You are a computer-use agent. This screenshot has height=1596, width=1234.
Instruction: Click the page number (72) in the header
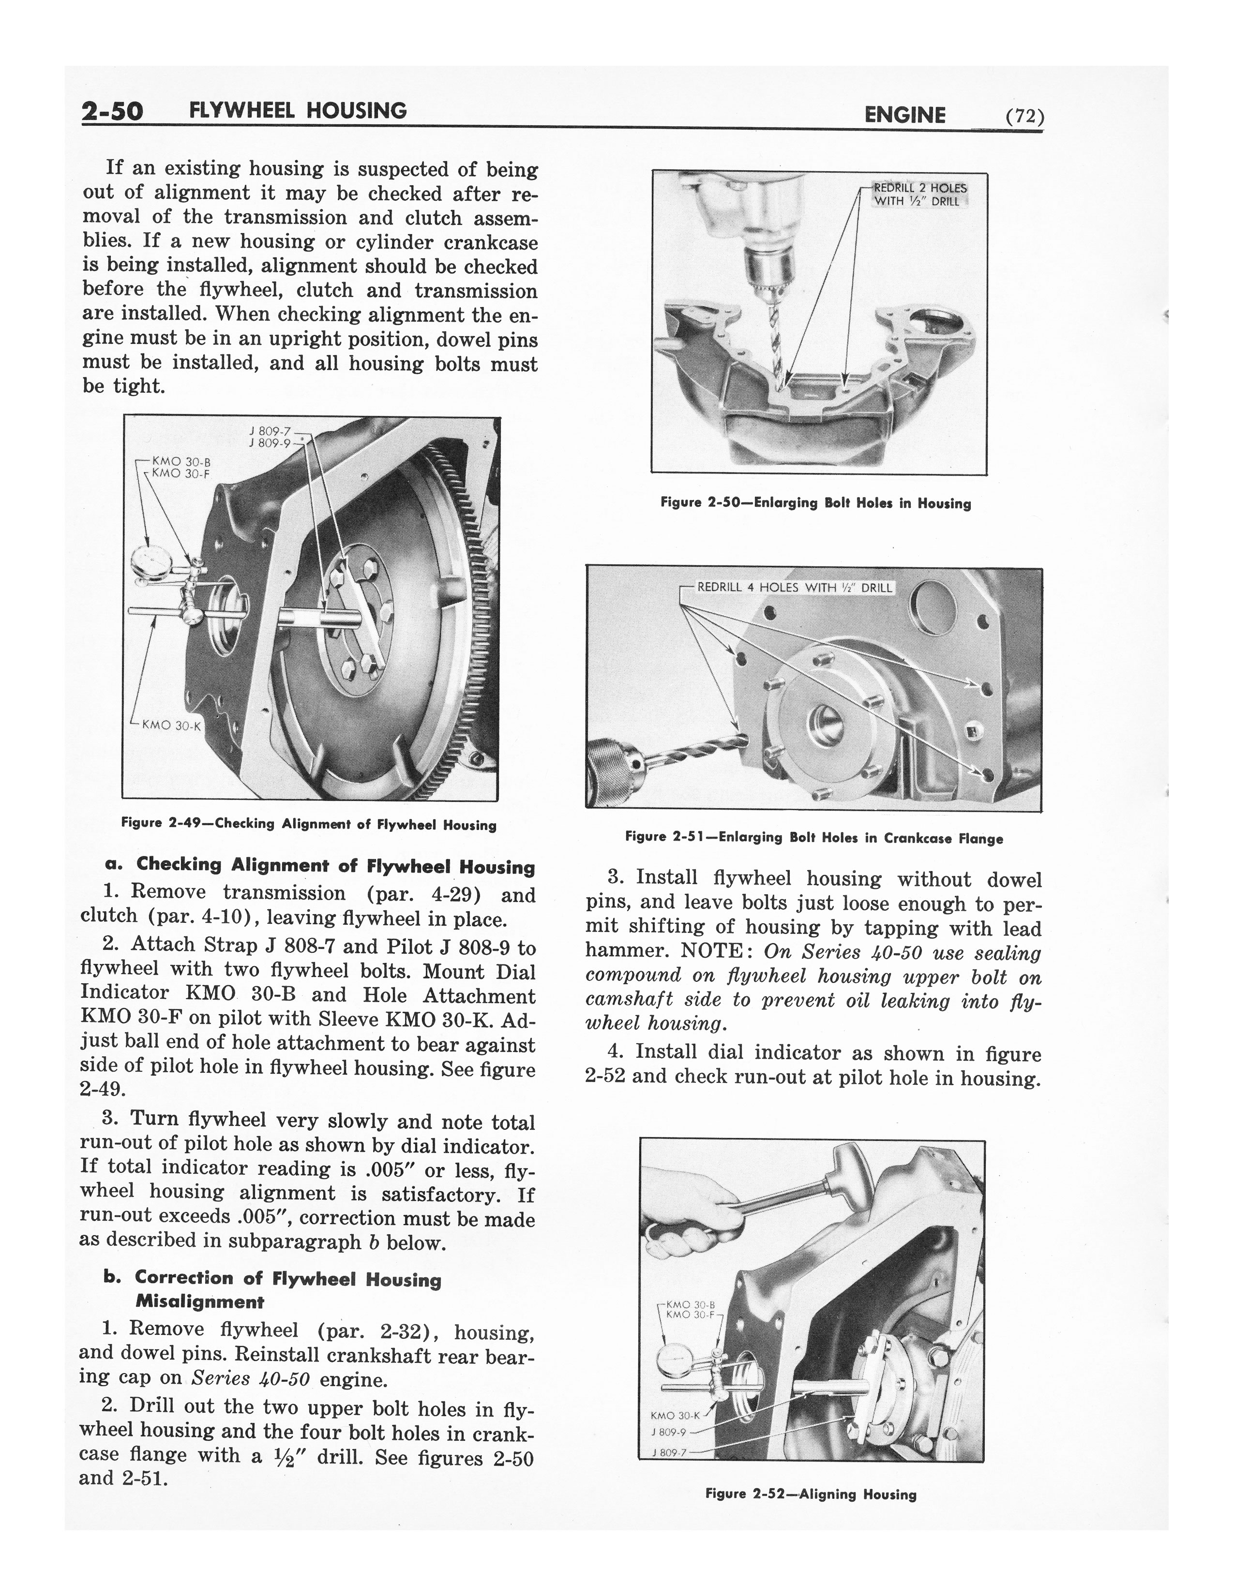[1024, 117]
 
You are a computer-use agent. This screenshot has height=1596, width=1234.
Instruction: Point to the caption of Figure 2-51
[813, 838]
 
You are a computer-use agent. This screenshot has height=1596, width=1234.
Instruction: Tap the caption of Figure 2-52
[811, 1494]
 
